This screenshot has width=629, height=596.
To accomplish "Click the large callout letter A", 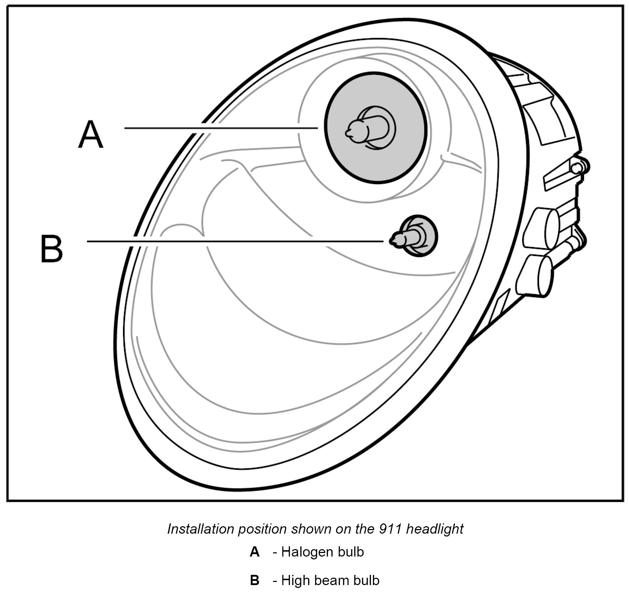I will point(91,135).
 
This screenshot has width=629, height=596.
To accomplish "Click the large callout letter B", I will point(51,249).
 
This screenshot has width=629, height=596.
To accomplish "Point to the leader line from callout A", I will point(220,128).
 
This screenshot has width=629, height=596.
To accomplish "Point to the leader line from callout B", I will point(234,241).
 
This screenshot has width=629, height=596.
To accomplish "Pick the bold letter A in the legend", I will point(255,552).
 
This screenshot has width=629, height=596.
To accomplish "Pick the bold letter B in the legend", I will point(255,581).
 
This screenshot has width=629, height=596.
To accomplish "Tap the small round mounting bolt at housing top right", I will point(577,168).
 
